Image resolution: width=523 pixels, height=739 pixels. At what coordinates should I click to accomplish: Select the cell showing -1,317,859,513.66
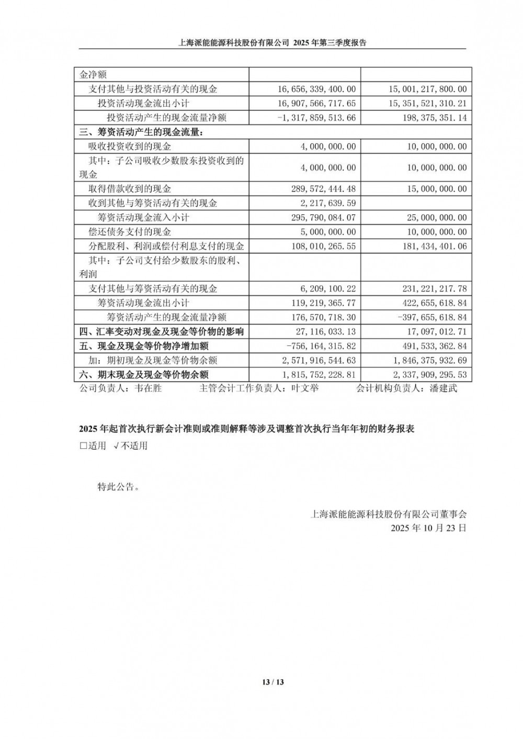tap(317, 118)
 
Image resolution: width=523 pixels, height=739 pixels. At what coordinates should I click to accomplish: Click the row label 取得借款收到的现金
tap(130, 189)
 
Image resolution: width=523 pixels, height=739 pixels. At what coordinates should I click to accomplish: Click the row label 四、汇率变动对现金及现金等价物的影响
tap(162, 332)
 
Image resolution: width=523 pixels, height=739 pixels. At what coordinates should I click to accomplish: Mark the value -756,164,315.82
tap(321, 347)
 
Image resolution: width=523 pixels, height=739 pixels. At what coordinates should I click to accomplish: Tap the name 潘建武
tap(443, 389)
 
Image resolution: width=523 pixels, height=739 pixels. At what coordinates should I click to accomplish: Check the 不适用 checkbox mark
tap(117, 446)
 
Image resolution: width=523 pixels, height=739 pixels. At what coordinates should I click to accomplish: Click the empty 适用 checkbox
tap(83, 446)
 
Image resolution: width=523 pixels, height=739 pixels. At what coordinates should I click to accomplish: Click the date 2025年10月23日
tap(428, 528)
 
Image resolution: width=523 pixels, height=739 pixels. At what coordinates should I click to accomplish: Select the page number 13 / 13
tap(272, 682)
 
